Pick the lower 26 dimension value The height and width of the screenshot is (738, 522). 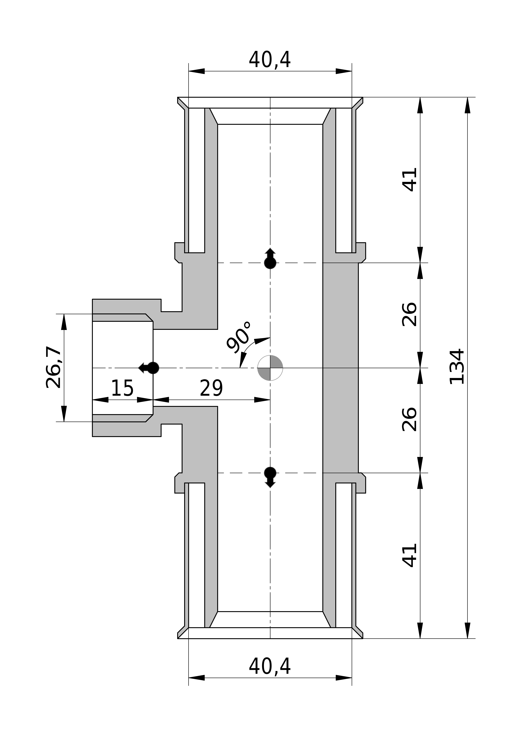(410, 419)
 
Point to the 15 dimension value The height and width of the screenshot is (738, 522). (122, 388)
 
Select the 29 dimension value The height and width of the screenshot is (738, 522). (211, 388)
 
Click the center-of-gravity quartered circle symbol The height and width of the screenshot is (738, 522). (270, 368)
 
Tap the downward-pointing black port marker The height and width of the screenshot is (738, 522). (270, 477)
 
